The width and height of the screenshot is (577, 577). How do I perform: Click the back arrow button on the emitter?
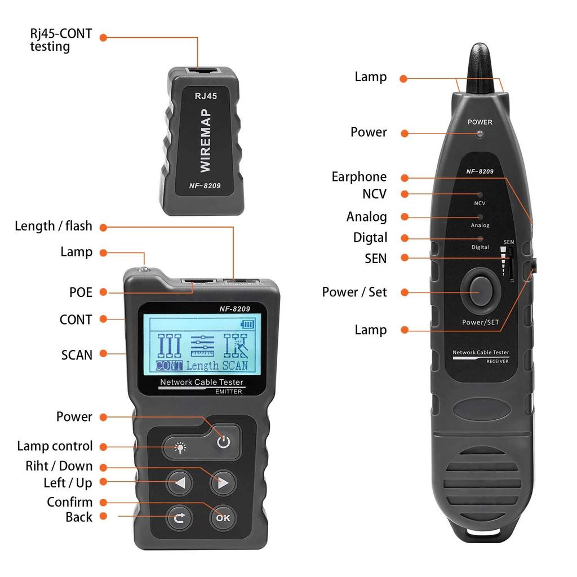pos(179,517)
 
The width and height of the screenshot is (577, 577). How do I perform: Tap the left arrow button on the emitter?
pos(180,483)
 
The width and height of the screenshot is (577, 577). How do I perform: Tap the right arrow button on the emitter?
pos(223,483)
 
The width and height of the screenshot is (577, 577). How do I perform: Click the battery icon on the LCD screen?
pos(247,324)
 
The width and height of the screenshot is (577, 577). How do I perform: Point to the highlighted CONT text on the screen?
pos(170,365)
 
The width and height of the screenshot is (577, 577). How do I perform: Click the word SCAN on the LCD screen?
pos(234,365)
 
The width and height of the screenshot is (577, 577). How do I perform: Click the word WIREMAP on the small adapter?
pos(205,141)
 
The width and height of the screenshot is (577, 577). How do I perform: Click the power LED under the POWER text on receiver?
pos(480,134)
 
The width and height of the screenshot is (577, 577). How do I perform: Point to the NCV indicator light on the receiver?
pos(480,194)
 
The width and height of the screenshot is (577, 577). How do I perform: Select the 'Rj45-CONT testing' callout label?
pos(60,40)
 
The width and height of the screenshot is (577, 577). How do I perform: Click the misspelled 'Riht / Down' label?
pos(59,466)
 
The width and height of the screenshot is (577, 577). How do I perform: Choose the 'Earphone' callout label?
pos(359,177)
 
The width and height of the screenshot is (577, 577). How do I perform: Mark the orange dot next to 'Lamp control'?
pos(104,446)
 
